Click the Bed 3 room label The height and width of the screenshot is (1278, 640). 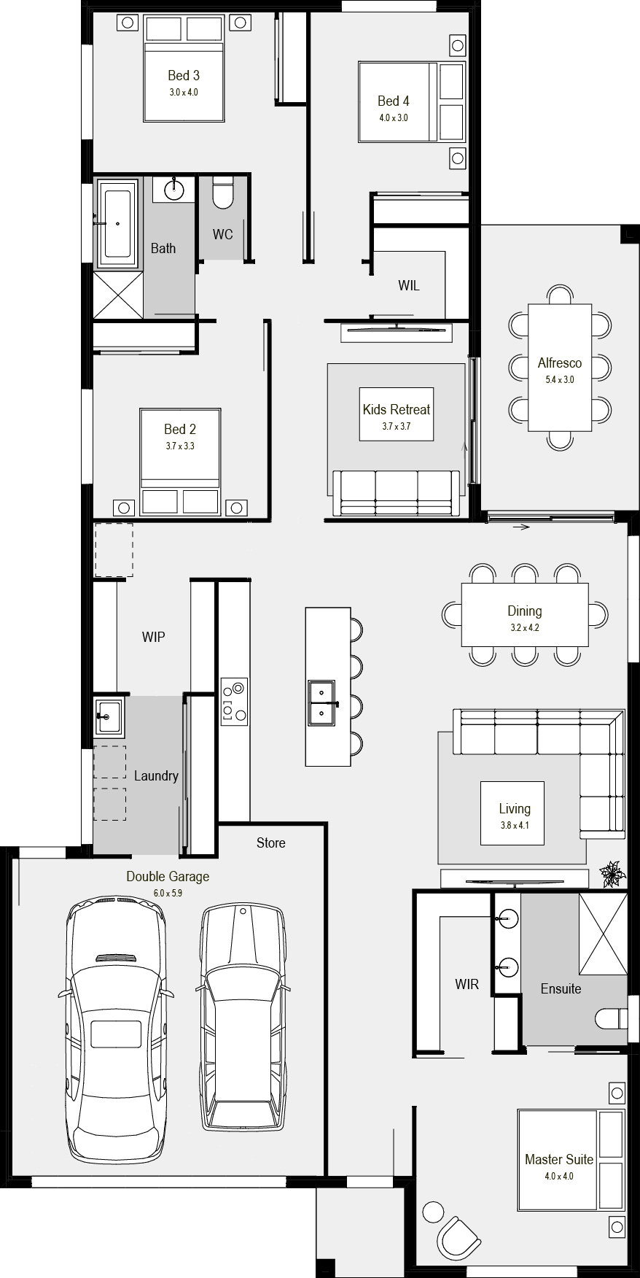coord(184,75)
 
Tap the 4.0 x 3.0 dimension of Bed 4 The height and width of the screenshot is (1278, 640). coord(393,117)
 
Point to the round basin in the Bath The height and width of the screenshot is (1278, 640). coord(174,190)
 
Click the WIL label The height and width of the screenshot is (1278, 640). coord(408,285)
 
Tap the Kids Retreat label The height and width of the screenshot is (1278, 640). coord(397,409)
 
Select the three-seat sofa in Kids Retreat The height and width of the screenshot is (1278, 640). coord(397,494)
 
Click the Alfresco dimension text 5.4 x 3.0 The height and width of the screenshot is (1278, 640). coord(560,379)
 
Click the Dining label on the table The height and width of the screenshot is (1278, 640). coord(525,611)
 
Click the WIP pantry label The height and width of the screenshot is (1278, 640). coord(153,637)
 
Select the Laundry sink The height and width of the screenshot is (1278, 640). coord(106,717)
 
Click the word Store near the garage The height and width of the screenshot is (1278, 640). coord(270,843)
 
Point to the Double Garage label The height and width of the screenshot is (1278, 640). coord(168,876)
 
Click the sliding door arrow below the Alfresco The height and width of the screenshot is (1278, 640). coord(521,527)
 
